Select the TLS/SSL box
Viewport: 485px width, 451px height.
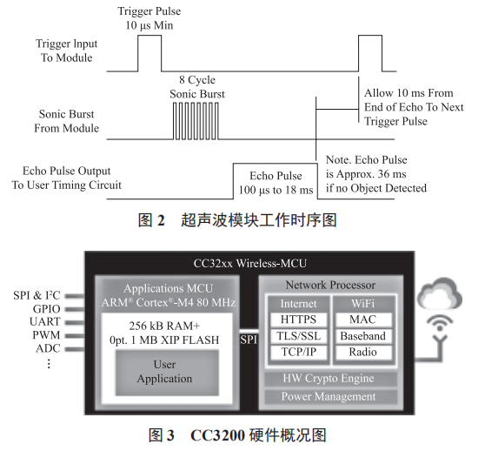click(x=299, y=337)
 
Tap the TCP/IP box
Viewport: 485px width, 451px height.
click(x=299, y=353)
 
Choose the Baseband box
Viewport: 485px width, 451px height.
click(x=362, y=337)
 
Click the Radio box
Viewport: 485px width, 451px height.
click(x=362, y=353)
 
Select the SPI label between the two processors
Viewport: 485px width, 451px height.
click(x=249, y=337)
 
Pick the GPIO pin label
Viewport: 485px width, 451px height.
click(x=46, y=308)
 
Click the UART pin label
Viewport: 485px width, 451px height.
click(x=46, y=322)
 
